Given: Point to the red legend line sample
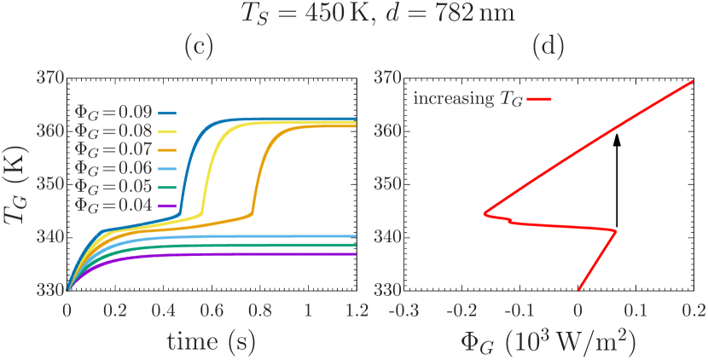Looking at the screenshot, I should click(540, 99).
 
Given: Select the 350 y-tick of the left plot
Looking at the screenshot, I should click(51, 184).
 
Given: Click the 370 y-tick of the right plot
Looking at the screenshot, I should click(389, 78).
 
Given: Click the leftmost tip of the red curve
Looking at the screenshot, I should click(484, 213).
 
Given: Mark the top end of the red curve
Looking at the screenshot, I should click(693, 80).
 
